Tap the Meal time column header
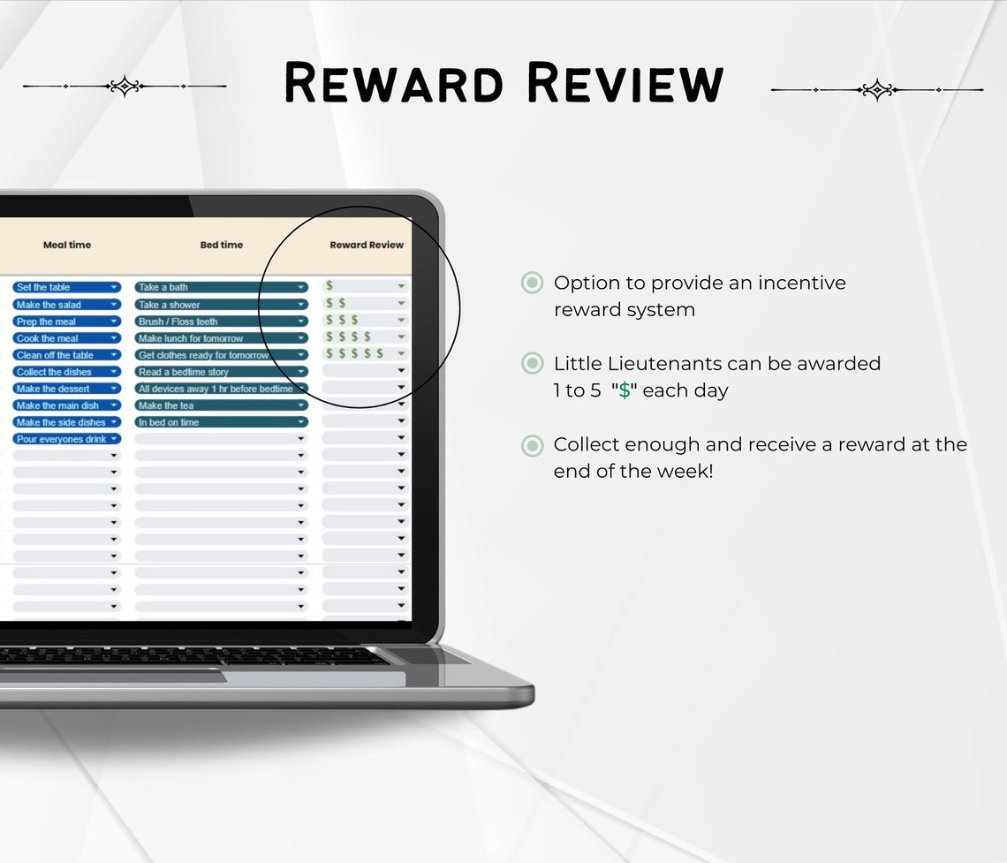point(67,245)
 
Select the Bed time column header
point(222,245)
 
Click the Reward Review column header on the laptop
point(367,245)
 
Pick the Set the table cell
point(67,287)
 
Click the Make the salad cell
point(67,305)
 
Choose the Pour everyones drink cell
point(67,439)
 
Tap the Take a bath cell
point(222,287)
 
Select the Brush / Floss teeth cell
point(222,321)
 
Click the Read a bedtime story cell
point(222,372)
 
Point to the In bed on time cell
point(222,422)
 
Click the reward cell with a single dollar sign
point(365,285)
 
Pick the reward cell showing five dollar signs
point(365,353)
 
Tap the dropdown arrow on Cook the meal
point(114,338)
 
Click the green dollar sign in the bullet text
point(625,390)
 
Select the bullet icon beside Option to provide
point(532,283)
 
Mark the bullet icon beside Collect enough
point(532,444)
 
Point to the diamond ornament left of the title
point(125,86)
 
